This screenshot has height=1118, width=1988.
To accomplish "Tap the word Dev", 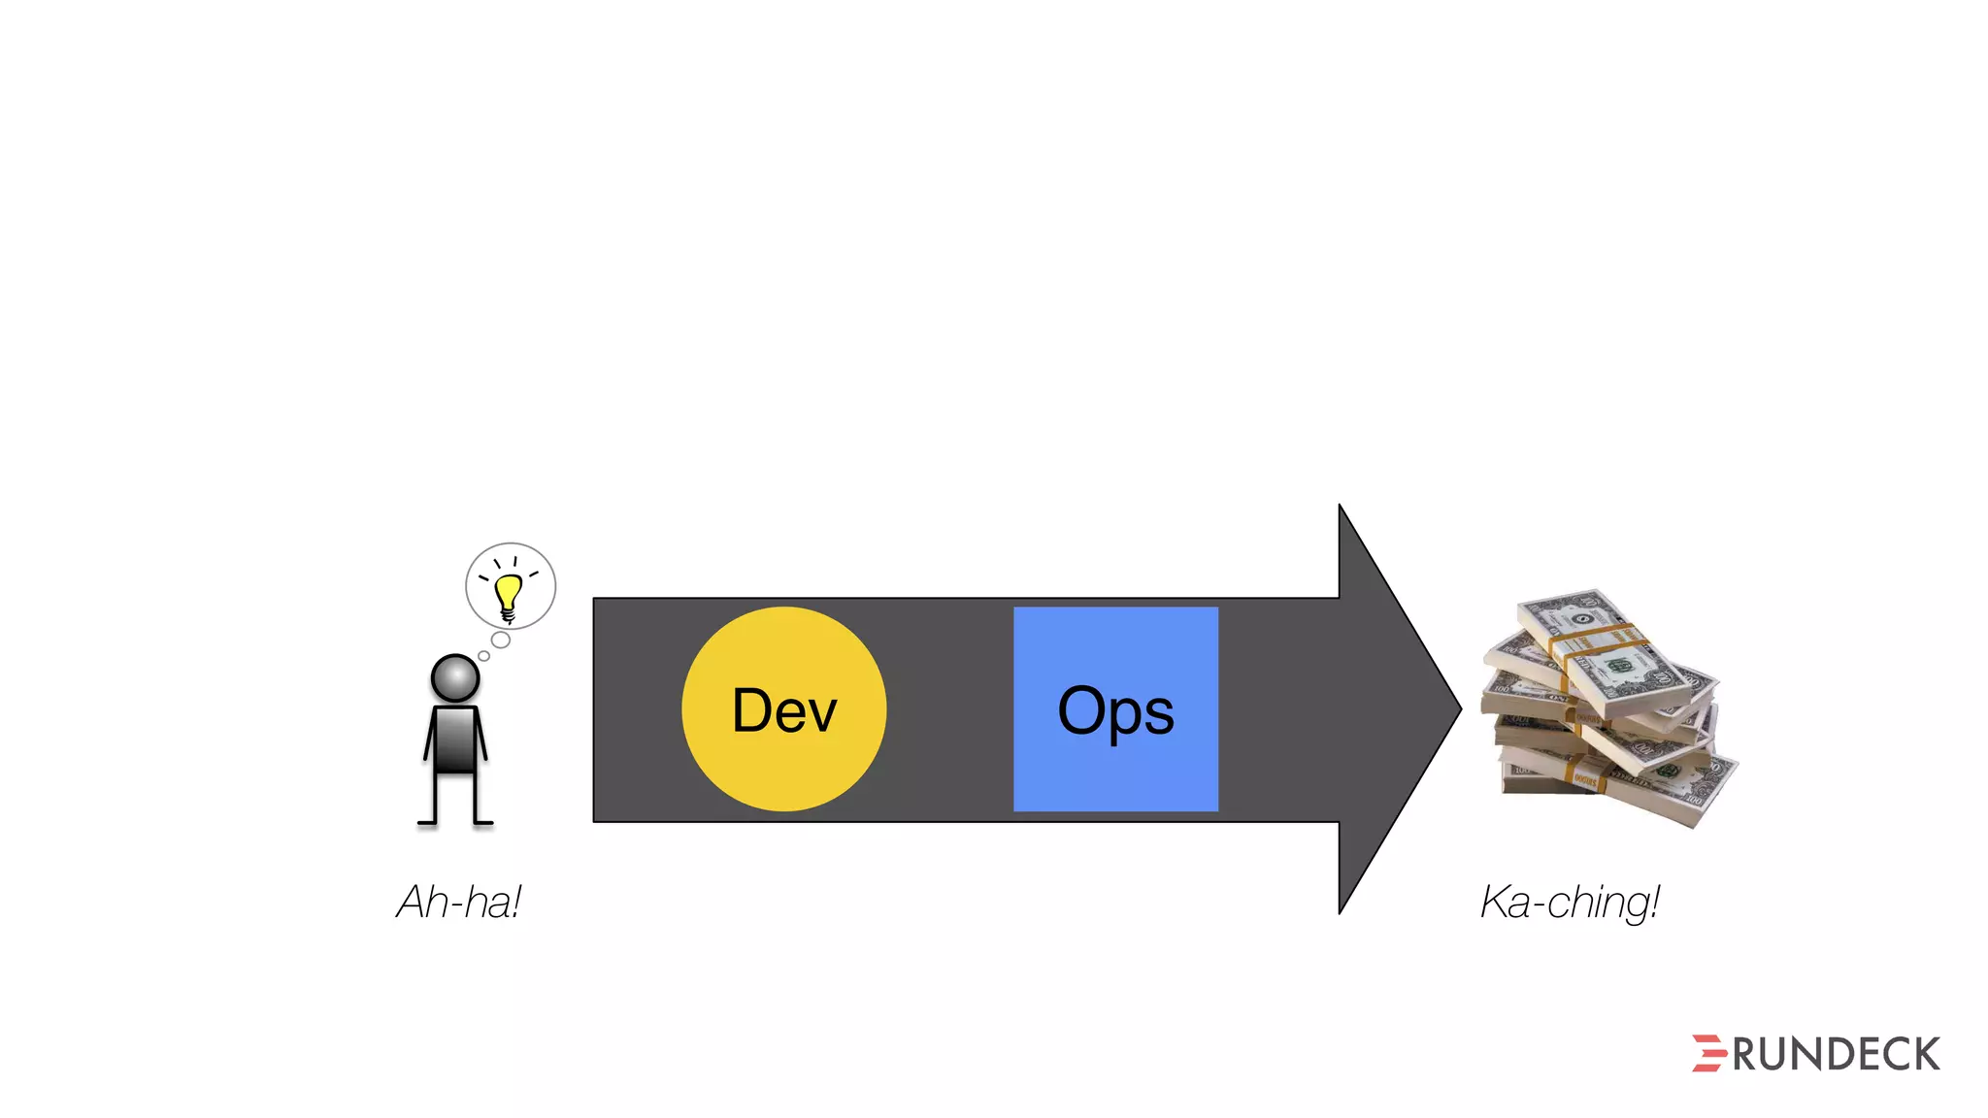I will [784, 710].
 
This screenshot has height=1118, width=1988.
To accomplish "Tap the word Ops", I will [1115, 712].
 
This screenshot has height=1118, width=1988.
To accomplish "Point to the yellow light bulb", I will [508, 593].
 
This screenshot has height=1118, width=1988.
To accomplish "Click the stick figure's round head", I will [454, 677].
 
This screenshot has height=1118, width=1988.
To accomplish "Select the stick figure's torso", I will [454, 740].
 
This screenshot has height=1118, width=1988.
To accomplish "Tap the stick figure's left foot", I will [428, 823].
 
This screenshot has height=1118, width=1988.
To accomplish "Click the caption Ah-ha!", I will [459, 902].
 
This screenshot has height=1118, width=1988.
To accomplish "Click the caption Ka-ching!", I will [1570, 902].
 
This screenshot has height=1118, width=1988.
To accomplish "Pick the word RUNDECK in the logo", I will [1836, 1055].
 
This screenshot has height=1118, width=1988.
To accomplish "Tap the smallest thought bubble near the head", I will [483, 656].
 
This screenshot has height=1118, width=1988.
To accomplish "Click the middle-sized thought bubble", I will [501, 640].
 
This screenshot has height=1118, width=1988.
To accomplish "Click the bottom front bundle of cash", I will [1650, 786].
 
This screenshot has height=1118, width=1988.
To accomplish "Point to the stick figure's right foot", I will [482, 823].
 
